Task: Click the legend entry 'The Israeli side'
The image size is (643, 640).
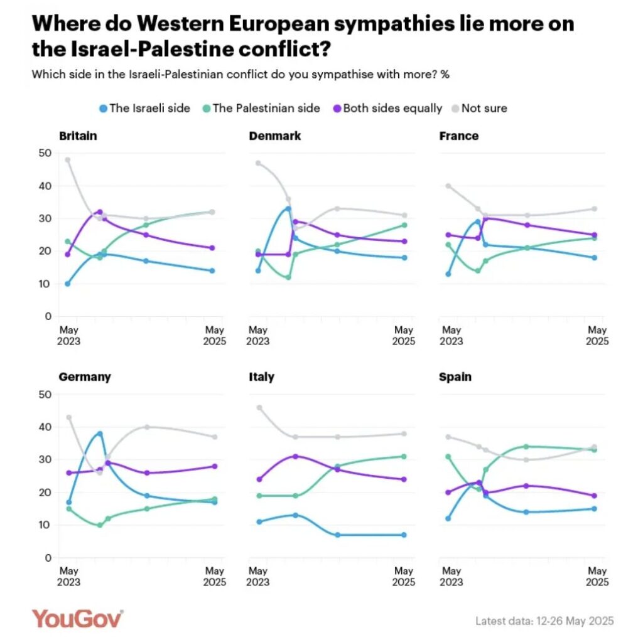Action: point(149,108)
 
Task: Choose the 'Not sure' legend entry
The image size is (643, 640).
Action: point(484,108)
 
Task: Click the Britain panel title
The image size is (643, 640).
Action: point(78,136)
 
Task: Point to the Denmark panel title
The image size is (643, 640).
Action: point(275,136)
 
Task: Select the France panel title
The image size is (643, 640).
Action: point(459,136)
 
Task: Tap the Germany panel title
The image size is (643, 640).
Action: point(85,376)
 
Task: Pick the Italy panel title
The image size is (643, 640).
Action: point(261,376)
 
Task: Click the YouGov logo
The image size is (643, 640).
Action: point(77,618)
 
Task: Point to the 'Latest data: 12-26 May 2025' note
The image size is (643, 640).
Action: point(544,621)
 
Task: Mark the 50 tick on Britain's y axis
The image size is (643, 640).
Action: point(45,153)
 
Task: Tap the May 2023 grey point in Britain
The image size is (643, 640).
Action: point(68,160)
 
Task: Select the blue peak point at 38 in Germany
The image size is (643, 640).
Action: point(100,434)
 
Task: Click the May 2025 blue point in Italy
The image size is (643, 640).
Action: point(404,535)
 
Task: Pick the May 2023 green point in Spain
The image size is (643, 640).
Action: point(448,456)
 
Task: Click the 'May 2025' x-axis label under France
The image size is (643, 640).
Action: point(597,336)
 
